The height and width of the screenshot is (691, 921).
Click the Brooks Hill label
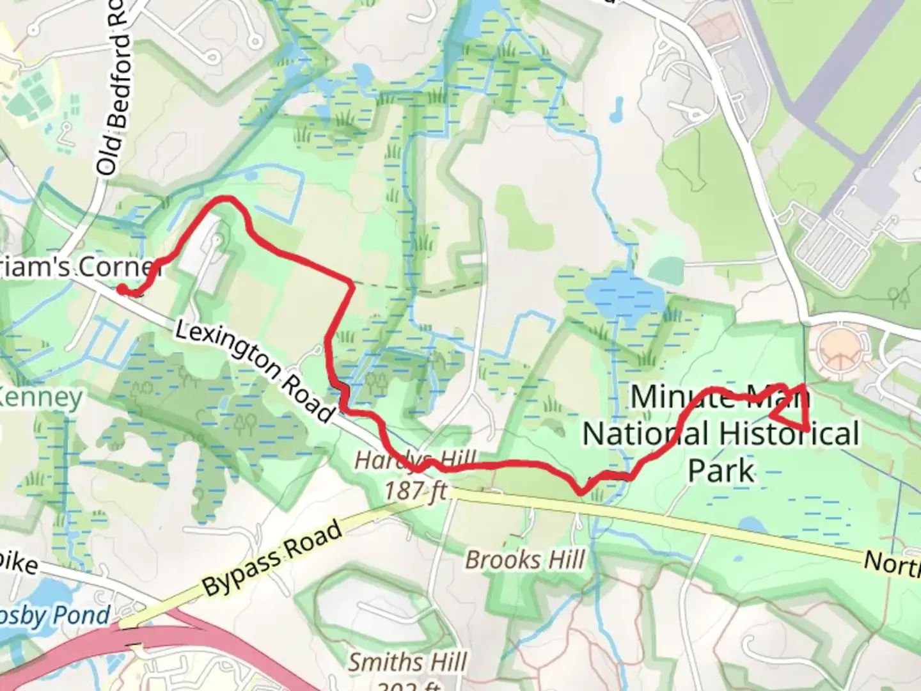click(524, 560)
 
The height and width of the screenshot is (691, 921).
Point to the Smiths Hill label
click(407, 662)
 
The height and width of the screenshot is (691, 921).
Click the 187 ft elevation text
click(415, 491)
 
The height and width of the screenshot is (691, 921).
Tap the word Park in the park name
click(721, 470)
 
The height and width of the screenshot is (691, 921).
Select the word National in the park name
click(645, 434)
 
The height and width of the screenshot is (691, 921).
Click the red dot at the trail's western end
click(122, 290)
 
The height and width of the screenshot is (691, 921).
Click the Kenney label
click(42, 398)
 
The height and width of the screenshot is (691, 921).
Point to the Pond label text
click(81, 616)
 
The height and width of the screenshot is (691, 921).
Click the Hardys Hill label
click(416, 460)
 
